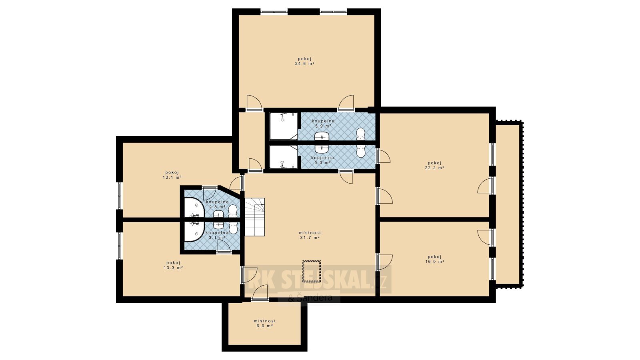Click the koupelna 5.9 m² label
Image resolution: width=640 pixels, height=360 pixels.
point(323,123)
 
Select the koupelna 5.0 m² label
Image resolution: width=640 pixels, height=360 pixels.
point(322,160)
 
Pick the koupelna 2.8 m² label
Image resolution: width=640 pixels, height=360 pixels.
point(217,204)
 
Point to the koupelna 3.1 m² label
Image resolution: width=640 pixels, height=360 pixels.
point(217,235)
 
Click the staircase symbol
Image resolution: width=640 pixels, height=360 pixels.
point(254,217)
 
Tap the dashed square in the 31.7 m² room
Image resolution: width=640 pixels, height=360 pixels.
point(312,271)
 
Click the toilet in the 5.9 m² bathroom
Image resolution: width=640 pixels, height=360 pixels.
point(361,134)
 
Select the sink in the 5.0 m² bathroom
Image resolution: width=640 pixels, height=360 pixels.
point(322,149)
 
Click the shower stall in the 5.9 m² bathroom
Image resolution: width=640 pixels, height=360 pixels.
point(284,126)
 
